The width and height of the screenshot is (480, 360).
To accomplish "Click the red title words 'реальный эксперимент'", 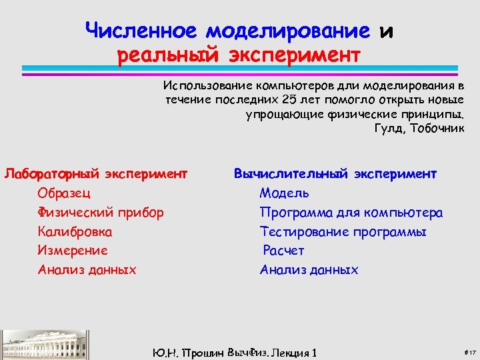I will (239, 53).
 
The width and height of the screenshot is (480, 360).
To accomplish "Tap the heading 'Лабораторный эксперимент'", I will (95, 174).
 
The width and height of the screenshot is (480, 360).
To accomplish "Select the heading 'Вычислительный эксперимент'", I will (335, 174).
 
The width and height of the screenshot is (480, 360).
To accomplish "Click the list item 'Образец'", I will (65, 193).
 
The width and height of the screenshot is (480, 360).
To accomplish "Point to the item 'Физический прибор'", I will (101, 213).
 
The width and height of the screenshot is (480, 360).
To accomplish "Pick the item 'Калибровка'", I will (75, 232).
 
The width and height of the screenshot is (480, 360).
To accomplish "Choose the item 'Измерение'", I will (73, 251).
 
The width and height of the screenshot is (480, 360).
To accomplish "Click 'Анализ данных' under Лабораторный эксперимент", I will (87, 270).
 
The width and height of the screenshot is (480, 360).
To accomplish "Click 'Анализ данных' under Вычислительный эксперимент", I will (309, 270).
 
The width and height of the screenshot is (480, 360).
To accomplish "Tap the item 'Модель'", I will (284, 193).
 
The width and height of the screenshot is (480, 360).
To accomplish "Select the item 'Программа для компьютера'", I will (351, 213).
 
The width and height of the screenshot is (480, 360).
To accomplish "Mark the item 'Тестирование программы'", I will (343, 232).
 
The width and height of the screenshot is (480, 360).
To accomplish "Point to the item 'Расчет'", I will (283, 251).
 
